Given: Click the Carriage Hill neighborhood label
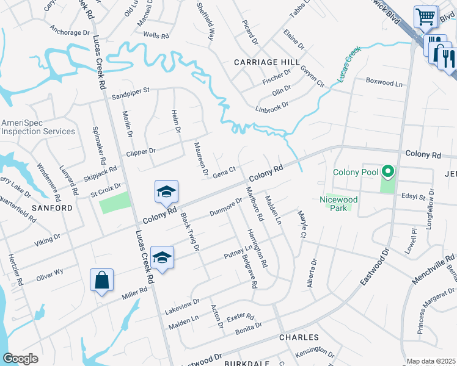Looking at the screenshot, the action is pyautogui.click(x=267, y=62).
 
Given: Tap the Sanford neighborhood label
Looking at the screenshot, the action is pyautogui.click(x=53, y=208).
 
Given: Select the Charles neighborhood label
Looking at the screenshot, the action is pyautogui.click(x=299, y=337).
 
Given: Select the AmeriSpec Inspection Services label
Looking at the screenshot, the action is pyautogui.click(x=38, y=127).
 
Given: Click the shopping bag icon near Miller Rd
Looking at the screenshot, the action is pyautogui.click(x=102, y=281).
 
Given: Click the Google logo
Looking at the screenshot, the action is pyautogui.click(x=20, y=358).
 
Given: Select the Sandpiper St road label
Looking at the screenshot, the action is pyautogui.click(x=130, y=92).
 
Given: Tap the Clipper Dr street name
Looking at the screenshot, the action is pyautogui.click(x=141, y=151).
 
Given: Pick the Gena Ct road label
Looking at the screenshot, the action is pyautogui.click(x=224, y=173).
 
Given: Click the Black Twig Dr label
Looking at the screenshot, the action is pyautogui.click(x=189, y=234).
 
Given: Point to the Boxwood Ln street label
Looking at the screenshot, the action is pyautogui.click(x=384, y=81).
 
